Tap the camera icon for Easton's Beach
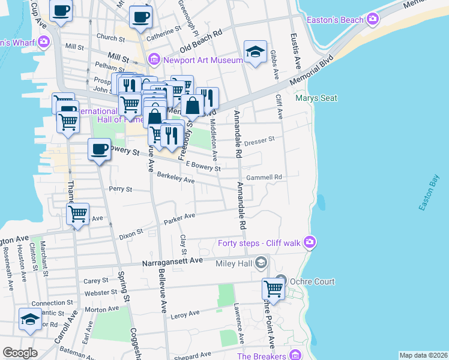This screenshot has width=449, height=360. click(x=373, y=19)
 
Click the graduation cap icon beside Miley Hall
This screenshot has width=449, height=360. click(x=261, y=262)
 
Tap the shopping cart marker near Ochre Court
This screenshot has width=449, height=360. click(x=273, y=289)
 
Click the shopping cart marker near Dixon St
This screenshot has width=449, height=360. click(x=77, y=214)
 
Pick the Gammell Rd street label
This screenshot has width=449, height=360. click(x=268, y=178)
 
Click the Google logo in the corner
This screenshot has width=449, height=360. click(x=20, y=353)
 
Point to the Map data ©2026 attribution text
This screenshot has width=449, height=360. click(x=423, y=355)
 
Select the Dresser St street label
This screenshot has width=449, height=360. click(x=259, y=140)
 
